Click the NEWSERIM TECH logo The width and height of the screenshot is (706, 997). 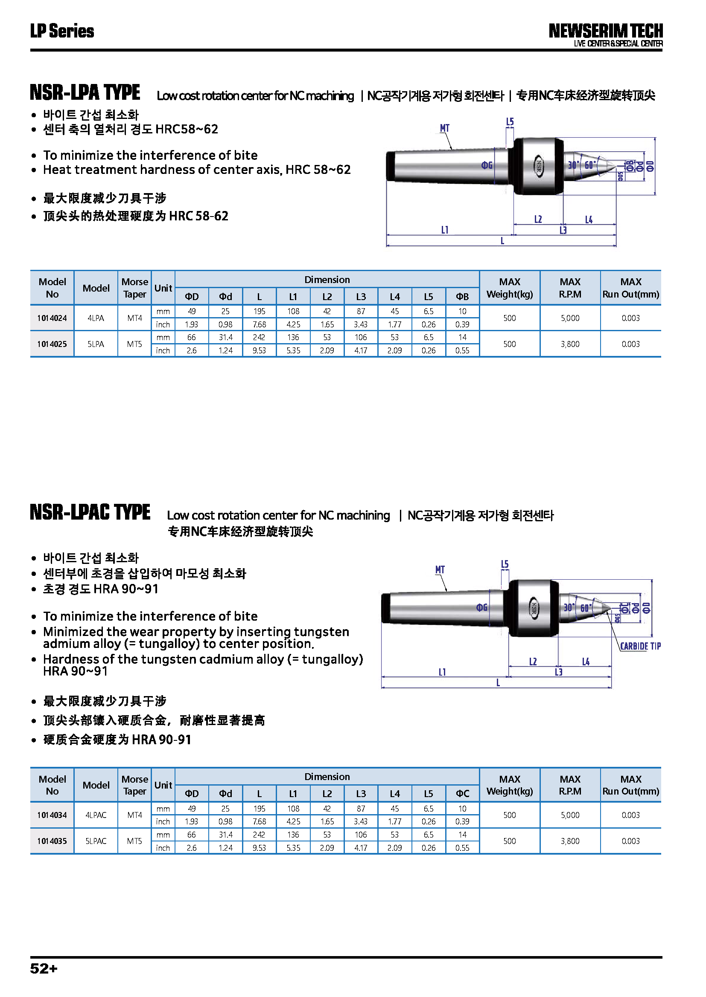(605, 31)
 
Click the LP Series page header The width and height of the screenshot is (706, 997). (62, 31)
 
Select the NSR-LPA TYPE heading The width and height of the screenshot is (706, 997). (85, 92)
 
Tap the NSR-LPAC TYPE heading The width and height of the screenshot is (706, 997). (90, 512)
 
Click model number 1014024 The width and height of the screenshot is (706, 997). (52, 318)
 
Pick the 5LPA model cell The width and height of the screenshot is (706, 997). (96, 344)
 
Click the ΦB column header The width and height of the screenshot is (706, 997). (462, 297)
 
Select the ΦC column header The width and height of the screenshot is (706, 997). (462, 794)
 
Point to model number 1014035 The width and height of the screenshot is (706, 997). (52, 841)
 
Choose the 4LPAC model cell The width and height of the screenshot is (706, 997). (96, 815)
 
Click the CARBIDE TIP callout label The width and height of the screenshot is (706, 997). (640, 646)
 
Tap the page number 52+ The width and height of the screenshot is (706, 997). (44, 968)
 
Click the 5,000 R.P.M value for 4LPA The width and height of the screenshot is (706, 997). (570, 318)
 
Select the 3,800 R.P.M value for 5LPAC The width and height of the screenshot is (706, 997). (570, 841)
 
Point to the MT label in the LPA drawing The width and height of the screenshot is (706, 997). (444, 129)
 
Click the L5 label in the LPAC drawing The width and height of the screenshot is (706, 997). (504, 564)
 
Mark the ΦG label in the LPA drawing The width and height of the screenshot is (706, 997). (487, 165)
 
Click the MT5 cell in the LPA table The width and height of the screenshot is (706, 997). (135, 344)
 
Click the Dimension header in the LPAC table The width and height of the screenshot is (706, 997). (327, 777)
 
